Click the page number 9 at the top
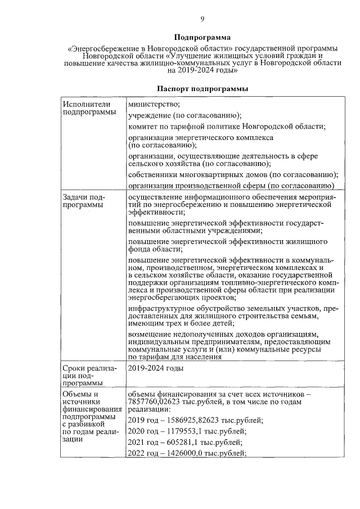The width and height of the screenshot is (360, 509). click(x=202, y=20)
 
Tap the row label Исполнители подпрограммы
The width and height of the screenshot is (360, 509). click(x=87, y=108)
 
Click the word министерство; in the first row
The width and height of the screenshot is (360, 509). click(x=154, y=104)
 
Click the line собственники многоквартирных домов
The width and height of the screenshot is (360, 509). click(x=233, y=174)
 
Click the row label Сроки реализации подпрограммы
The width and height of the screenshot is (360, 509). click(x=85, y=376)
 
